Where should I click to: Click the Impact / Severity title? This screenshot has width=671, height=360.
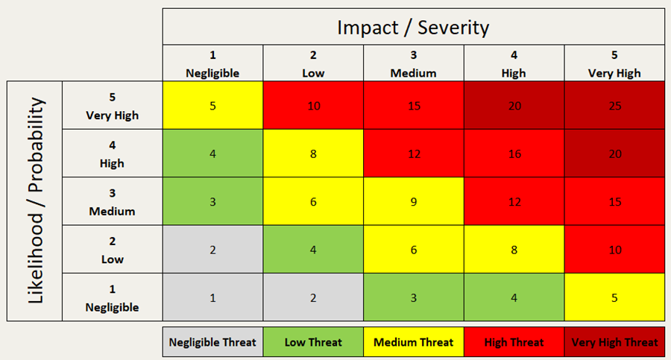click(413, 28)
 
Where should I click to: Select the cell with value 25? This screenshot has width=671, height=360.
click(614, 105)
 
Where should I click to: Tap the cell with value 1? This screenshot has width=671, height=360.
click(212, 297)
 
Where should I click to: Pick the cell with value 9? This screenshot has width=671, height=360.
click(413, 201)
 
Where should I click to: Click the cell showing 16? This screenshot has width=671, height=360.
click(514, 154)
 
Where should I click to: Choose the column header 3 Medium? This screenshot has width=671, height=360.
click(413, 64)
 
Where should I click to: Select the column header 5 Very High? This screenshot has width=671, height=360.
click(614, 64)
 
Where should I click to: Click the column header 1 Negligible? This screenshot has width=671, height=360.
click(212, 64)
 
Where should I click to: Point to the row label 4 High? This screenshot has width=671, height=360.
click(112, 154)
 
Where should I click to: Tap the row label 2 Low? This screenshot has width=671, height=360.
click(112, 250)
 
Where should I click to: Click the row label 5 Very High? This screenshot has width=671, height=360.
click(112, 106)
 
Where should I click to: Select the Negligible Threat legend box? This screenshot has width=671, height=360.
click(212, 342)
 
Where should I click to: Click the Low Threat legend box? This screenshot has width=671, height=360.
click(313, 342)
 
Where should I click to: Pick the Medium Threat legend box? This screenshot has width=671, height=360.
click(413, 342)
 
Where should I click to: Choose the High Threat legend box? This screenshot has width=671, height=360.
click(514, 342)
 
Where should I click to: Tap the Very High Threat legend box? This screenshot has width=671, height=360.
click(614, 342)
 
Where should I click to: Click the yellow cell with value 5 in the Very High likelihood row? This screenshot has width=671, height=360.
click(212, 105)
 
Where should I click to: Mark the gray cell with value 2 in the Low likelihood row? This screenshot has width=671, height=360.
click(212, 250)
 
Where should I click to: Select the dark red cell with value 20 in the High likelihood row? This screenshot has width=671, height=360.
click(614, 154)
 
